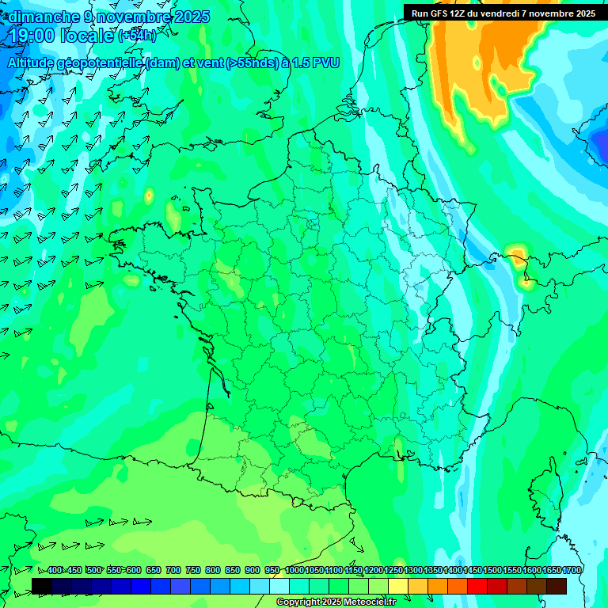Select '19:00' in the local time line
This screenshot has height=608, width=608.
click(32, 36)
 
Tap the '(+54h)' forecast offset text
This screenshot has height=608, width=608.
click(137, 36)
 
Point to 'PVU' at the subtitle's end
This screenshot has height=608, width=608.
click(326, 63)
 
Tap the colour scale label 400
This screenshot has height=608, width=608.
click(55, 571)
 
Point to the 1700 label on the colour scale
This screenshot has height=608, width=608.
click(572, 571)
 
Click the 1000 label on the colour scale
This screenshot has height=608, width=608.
click(294, 571)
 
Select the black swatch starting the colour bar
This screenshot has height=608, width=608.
click(42, 586)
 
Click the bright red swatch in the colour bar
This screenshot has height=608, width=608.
click(477, 586)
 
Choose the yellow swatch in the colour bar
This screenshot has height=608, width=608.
click(398, 586)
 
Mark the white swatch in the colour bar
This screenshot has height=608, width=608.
click(279, 586)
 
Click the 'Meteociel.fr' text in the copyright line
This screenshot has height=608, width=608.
click(370, 602)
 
